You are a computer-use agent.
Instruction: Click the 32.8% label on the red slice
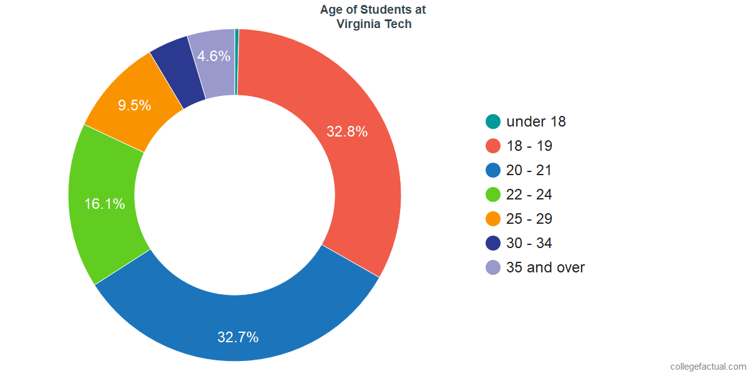[x=347, y=132]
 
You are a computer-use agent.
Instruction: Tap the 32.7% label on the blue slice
[x=238, y=337]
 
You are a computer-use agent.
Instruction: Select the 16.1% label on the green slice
[x=105, y=204]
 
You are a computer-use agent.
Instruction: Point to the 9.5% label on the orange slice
[x=134, y=105]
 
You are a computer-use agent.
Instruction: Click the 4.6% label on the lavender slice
[x=213, y=56]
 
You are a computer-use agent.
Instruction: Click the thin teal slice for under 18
[x=237, y=62]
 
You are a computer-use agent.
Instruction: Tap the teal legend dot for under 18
[x=493, y=122]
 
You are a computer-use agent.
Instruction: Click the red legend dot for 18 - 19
[x=493, y=146]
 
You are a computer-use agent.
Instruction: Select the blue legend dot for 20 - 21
[x=493, y=170]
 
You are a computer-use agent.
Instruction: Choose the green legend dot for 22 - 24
[x=493, y=194]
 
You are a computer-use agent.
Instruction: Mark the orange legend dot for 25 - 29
[x=493, y=219]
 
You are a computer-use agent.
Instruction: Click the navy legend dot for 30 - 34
[x=493, y=243]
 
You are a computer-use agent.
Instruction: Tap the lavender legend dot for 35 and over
[x=493, y=267]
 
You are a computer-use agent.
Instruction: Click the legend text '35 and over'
[x=546, y=267]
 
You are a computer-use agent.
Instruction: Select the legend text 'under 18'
[x=536, y=122]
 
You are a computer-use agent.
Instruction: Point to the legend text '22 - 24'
[x=529, y=194]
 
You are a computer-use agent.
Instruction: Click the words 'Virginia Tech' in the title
[x=373, y=24]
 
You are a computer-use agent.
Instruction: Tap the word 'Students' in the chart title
[x=375, y=10]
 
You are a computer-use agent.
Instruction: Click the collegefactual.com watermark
[x=708, y=366]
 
